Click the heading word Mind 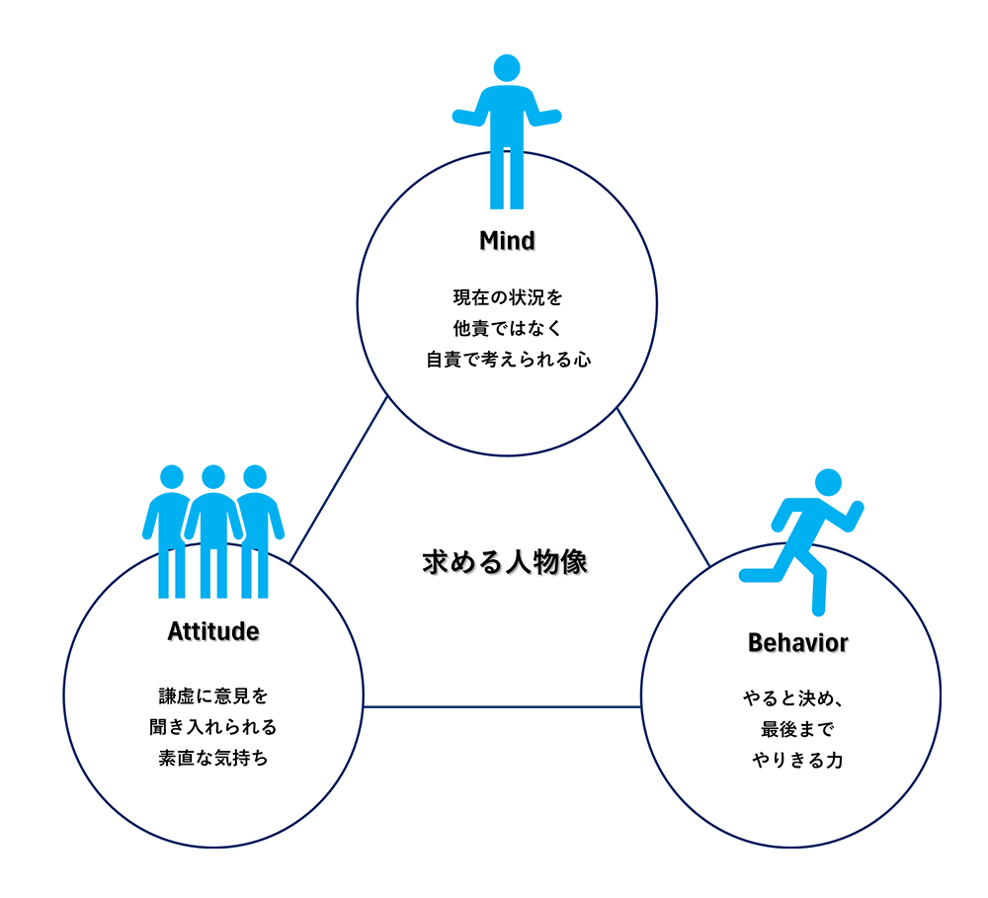tap(507, 241)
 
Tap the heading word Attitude tap(213, 631)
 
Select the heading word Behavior tap(797, 643)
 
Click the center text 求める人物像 tap(505, 561)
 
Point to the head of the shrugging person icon tap(507, 68)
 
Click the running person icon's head tap(829, 482)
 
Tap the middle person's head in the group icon tap(213, 477)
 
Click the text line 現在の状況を tap(507, 297)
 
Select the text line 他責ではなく tap(507, 328)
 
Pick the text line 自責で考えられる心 tap(509, 360)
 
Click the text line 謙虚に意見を tap(213, 695)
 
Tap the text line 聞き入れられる tap(213, 726)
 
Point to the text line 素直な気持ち tap(213, 758)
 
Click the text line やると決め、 tap(793, 698)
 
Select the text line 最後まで tap(797, 729)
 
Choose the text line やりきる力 tap(797, 760)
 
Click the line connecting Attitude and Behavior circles tap(502, 707)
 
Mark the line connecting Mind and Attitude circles tap(338, 479)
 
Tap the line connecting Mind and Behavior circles tap(664, 487)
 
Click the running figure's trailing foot tap(746, 575)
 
